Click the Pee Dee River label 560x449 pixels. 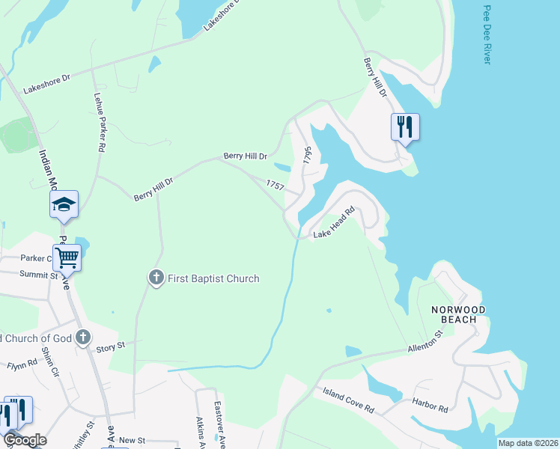(x=487, y=35)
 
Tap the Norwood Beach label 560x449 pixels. (x=458, y=314)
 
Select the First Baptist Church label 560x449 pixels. (x=213, y=279)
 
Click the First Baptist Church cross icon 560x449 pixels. (x=156, y=278)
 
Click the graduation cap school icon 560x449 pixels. (x=64, y=204)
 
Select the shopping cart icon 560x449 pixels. (x=67, y=257)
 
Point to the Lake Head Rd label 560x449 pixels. (x=332, y=234)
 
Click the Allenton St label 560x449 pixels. (x=426, y=348)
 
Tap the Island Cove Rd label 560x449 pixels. (x=348, y=401)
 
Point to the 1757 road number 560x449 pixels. (x=275, y=184)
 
